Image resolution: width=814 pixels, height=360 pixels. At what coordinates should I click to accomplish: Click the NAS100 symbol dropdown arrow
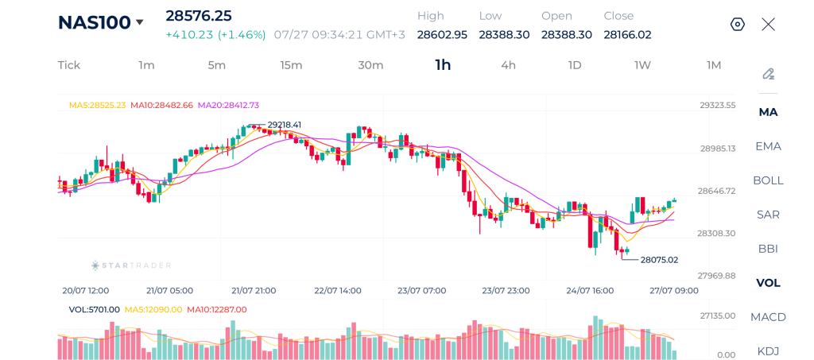tap(139, 22)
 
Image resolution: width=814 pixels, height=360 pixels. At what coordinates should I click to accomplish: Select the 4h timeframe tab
tap(508, 65)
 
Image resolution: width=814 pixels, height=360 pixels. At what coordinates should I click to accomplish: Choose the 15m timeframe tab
tap(291, 65)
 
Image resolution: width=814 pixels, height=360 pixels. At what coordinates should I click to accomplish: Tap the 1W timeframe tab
tap(642, 65)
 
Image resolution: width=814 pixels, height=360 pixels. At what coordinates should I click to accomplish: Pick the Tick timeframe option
tap(69, 65)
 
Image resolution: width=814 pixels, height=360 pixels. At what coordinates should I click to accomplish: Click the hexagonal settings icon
tap(738, 25)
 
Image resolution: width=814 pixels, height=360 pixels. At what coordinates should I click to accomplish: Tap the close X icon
tap(769, 25)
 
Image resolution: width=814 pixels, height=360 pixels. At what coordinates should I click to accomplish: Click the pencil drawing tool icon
tap(769, 74)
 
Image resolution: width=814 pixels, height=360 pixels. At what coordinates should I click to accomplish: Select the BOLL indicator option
tap(769, 180)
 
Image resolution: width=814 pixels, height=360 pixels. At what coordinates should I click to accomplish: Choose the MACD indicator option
tap(769, 317)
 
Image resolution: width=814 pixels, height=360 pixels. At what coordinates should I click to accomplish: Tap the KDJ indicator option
tap(769, 351)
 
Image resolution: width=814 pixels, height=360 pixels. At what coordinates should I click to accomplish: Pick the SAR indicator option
tap(769, 215)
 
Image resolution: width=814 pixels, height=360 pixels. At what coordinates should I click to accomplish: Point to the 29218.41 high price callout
tap(284, 125)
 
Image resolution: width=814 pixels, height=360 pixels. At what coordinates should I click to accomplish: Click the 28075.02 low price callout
tap(659, 260)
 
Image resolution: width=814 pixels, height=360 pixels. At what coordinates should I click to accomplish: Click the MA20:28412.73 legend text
tap(228, 105)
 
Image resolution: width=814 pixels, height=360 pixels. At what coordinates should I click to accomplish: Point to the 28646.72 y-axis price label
tap(716, 191)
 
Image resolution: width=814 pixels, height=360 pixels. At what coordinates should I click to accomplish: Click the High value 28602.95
tap(442, 35)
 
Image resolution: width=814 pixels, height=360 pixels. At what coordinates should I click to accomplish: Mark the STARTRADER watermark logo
tap(131, 265)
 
